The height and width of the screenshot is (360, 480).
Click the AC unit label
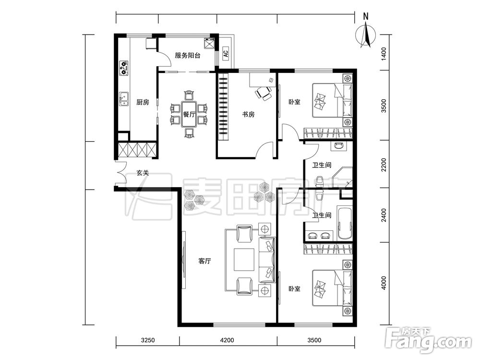point(226,54)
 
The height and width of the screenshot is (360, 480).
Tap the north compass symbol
point(366,34)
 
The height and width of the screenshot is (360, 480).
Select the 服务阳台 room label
point(188,56)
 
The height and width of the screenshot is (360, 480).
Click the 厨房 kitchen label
point(143,102)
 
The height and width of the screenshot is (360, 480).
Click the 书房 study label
point(248,115)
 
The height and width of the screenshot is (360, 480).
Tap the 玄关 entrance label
point(143,173)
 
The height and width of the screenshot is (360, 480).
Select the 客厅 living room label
point(204,261)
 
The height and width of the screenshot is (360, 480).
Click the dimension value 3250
point(148,340)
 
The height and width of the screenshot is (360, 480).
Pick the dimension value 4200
point(227,340)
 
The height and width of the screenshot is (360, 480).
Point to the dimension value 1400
point(384,54)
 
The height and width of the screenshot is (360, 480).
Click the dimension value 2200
point(384,165)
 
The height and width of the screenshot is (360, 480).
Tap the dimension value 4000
point(384,283)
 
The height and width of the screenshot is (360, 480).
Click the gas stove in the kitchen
point(124,68)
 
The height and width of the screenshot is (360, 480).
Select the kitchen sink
point(124,98)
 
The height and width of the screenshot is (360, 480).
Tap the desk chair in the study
point(264,93)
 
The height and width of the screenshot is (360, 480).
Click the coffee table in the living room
point(244,260)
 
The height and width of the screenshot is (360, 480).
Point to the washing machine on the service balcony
point(210,43)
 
